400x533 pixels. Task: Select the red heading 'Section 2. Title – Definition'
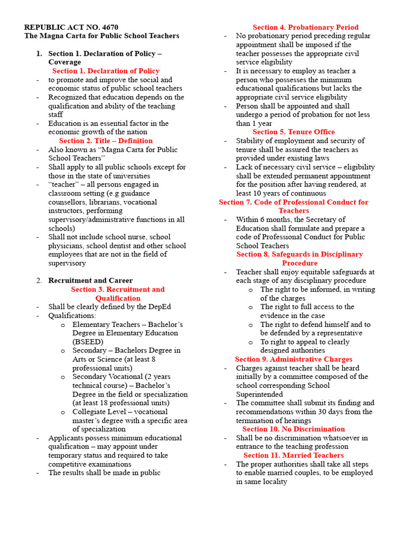(x=106, y=141)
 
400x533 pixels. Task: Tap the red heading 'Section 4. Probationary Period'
(x=305, y=27)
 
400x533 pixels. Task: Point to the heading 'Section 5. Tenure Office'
(x=294, y=132)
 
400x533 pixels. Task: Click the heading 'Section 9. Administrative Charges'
(x=293, y=359)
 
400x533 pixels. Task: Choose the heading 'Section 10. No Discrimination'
(x=293, y=429)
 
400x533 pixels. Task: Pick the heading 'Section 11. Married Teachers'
(x=293, y=455)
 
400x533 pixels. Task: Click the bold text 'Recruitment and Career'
(x=90, y=281)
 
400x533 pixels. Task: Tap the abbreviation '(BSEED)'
(x=88, y=341)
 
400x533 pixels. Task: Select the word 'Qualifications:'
(x=72, y=315)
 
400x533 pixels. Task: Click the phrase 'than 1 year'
(x=254, y=123)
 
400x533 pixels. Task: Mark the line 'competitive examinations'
(x=90, y=464)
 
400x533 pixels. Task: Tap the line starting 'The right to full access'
(x=307, y=307)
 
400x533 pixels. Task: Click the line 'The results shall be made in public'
(x=104, y=473)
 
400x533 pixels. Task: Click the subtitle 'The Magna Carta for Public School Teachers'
(x=102, y=36)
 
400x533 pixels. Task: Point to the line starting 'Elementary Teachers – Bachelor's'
(x=128, y=324)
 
